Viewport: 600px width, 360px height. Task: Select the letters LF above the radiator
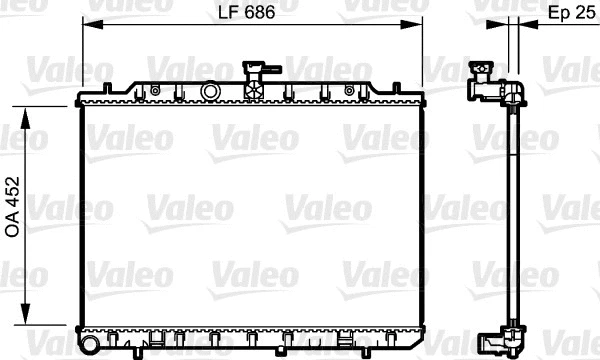click(228, 13)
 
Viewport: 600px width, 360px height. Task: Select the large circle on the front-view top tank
click(210, 91)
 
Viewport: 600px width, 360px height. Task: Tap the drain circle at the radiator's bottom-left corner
click(88, 344)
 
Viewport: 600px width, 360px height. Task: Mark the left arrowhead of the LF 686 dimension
click(85, 28)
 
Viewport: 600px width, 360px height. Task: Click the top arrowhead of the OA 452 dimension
click(36, 104)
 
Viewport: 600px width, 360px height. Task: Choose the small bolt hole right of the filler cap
click(349, 90)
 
